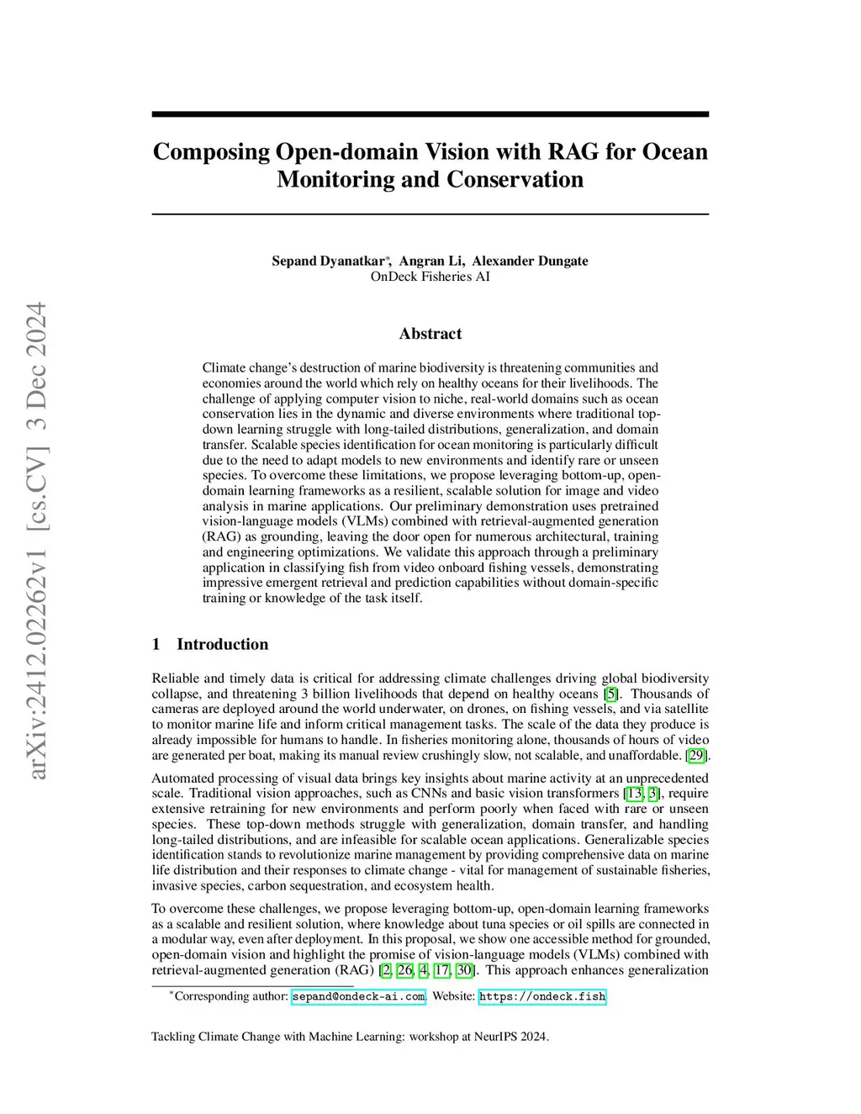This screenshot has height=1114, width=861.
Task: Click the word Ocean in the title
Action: point(674,152)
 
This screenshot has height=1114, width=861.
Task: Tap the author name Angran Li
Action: point(431,261)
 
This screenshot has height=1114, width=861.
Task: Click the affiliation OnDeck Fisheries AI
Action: point(430,277)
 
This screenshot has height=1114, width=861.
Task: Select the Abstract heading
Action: point(430,334)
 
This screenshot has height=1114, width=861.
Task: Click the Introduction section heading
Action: point(222,645)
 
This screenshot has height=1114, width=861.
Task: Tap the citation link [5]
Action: point(612,694)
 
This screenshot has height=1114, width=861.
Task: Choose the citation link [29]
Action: point(696,756)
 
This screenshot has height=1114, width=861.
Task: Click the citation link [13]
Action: point(635,794)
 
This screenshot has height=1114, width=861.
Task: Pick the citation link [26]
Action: point(404,970)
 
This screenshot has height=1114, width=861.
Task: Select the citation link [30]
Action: point(464,970)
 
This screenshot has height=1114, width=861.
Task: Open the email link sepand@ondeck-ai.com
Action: point(358,997)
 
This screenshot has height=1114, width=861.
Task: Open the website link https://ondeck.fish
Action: point(542,997)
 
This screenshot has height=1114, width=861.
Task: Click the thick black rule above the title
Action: point(430,114)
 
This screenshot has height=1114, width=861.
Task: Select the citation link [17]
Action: point(441,970)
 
